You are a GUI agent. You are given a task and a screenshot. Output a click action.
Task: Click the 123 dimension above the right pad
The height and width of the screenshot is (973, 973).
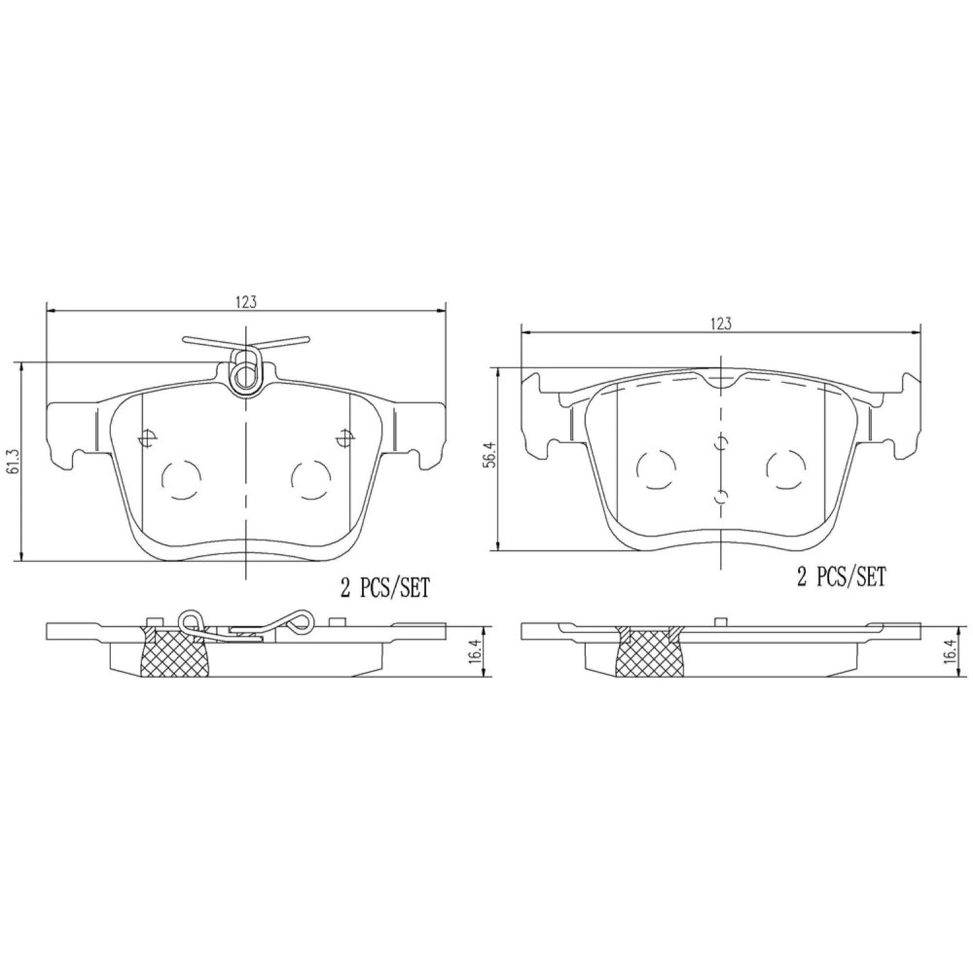click(x=720, y=324)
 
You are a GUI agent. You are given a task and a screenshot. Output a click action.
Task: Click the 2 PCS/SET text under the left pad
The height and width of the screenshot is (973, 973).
click(x=384, y=589)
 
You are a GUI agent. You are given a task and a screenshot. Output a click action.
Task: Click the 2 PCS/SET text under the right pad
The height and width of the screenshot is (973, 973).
click(x=841, y=577)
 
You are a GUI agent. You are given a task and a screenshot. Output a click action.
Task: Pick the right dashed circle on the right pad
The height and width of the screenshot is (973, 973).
click(x=786, y=469)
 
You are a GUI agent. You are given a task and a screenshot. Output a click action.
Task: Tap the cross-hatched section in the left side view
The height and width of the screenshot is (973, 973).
click(x=174, y=652)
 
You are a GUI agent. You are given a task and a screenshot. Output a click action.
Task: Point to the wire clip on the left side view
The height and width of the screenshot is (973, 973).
click(x=263, y=623)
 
